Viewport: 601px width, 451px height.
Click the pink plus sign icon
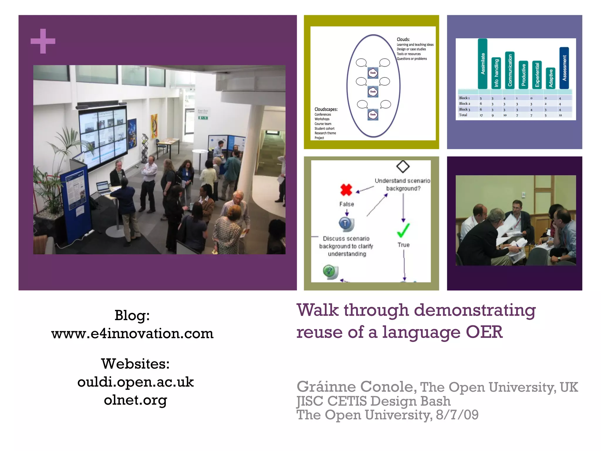point(43,41)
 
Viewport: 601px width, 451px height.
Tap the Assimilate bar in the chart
point(482,64)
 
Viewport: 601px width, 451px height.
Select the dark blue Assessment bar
point(564,68)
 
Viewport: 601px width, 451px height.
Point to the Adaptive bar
point(551,78)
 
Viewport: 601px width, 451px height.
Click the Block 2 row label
point(465,104)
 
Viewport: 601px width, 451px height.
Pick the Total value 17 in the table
point(481,115)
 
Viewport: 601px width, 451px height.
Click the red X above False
point(346,190)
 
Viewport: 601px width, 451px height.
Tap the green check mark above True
point(403,230)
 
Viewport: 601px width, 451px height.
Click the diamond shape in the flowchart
point(403,166)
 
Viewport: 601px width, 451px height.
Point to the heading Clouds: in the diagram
point(403,39)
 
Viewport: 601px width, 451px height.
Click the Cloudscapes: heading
point(326,109)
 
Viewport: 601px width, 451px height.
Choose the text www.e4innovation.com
point(132,334)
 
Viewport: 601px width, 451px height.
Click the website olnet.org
point(135,400)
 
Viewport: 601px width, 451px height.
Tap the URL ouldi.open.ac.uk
point(135,382)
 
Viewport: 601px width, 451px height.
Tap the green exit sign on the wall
point(203,118)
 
